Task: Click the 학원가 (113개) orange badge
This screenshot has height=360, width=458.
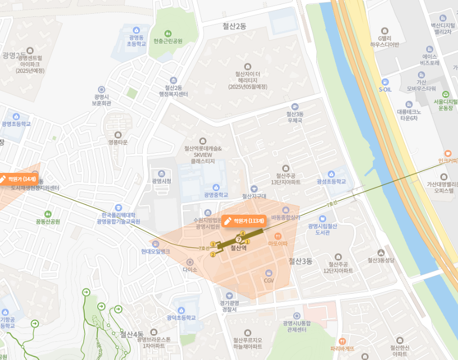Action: coord(245,221)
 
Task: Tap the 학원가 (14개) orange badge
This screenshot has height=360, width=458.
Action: coord(19,179)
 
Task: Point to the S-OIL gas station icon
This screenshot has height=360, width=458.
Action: coord(385,82)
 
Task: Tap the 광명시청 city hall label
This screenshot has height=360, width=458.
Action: coord(162,181)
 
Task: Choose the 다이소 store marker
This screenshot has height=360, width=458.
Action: coord(190,262)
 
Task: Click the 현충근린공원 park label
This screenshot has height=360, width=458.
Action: coord(167,41)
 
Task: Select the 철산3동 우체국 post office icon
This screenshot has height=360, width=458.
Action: coord(295,106)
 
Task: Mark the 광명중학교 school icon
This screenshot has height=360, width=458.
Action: coord(216,187)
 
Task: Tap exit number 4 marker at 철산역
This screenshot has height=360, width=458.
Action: coord(243,234)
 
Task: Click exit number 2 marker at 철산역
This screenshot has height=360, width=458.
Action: coord(213,254)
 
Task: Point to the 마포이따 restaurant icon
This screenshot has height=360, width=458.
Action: coord(278,236)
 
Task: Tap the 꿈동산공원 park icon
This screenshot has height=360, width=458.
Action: coord(48,214)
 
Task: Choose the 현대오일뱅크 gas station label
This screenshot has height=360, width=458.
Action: coord(156,251)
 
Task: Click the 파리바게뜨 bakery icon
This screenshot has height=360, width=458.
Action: coord(342,341)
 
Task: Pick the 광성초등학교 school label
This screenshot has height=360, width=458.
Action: coord(331,182)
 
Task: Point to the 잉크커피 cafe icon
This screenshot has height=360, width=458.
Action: coord(448,153)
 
